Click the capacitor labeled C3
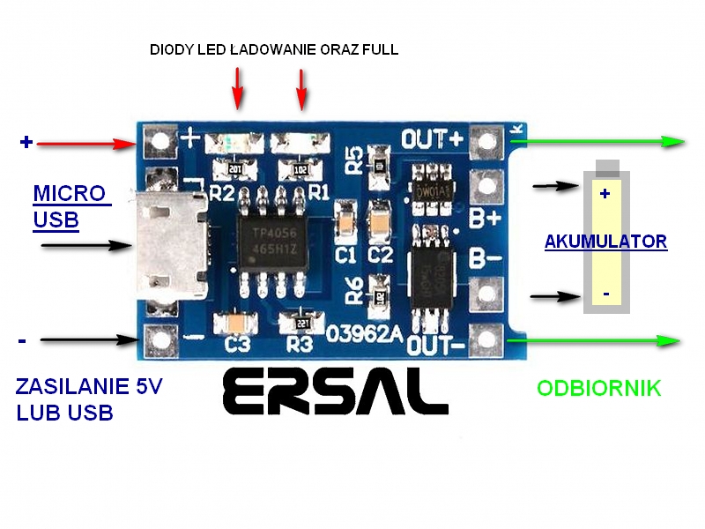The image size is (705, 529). [x=236, y=324]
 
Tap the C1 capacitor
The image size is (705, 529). [x=345, y=220]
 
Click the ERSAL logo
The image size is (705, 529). [x=335, y=391]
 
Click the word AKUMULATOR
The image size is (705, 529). [x=605, y=241]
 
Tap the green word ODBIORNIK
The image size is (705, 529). [x=598, y=388]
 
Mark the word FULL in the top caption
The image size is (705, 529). [x=379, y=50]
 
